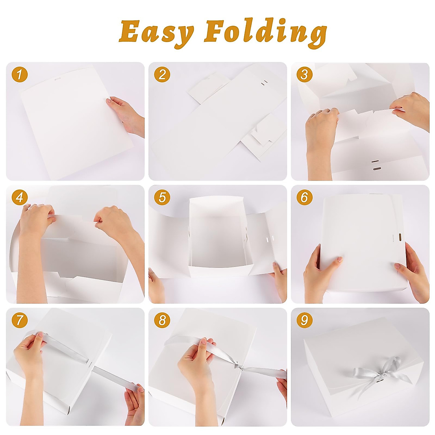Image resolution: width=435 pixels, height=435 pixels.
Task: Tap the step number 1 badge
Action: [x=19, y=75]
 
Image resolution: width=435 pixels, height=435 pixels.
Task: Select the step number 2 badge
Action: [x=162, y=75]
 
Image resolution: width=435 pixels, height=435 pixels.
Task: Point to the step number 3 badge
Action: [x=304, y=75]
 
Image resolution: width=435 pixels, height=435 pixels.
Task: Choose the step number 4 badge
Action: [x=19, y=198]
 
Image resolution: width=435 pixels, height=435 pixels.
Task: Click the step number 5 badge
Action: [x=162, y=198]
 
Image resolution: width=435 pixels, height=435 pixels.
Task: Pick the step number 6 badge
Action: [x=304, y=198]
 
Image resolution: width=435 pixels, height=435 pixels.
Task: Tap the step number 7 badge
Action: [x=19, y=320]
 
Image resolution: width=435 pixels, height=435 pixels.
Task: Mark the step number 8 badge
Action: [x=162, y=320]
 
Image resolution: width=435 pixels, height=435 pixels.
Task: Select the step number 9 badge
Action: [x=304, y=320]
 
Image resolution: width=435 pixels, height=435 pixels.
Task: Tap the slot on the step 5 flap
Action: [x=269, y=239]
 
